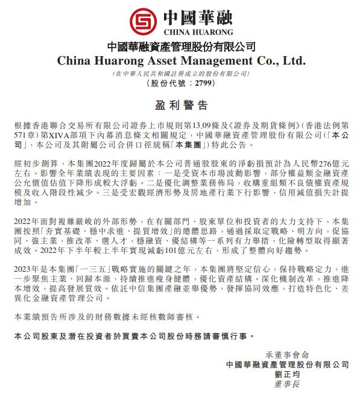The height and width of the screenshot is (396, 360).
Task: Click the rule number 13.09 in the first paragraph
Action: [x=193, y=124]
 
